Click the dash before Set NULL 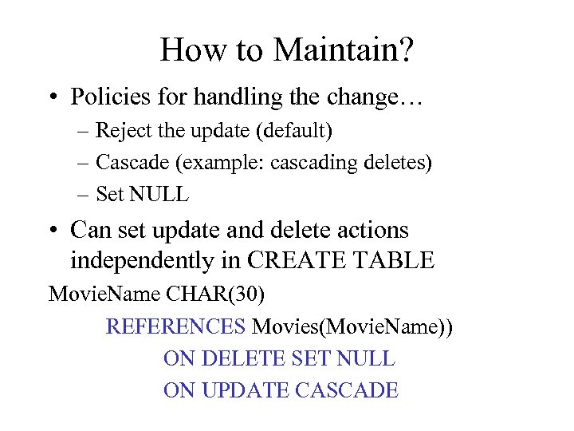pyautogui.click(x=83, y=193)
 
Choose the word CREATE pyautogui.click(x=300, y=260)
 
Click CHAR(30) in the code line pyautogui.click(x=216, y=294)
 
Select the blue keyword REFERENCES pyautogui.click(x=176, y=326)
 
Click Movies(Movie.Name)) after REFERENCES pyautogui.click(x=352, y=326)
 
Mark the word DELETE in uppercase pyautogui.click(x=241, y=358)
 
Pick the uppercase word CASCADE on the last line pyautogui.click(x=346, y=390)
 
